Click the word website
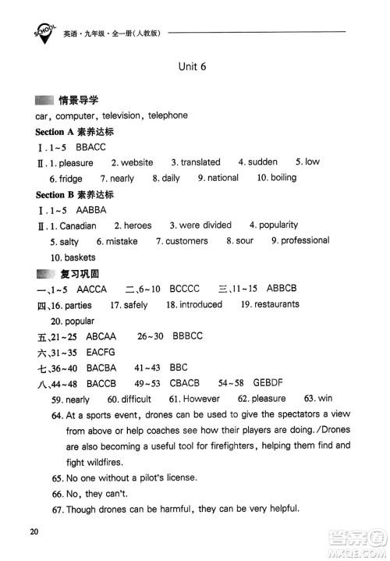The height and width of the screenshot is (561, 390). (137, 163)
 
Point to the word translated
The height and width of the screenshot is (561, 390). (200, 162)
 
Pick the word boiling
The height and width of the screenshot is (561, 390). (283, 178)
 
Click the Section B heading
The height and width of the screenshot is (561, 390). (74, 194)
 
